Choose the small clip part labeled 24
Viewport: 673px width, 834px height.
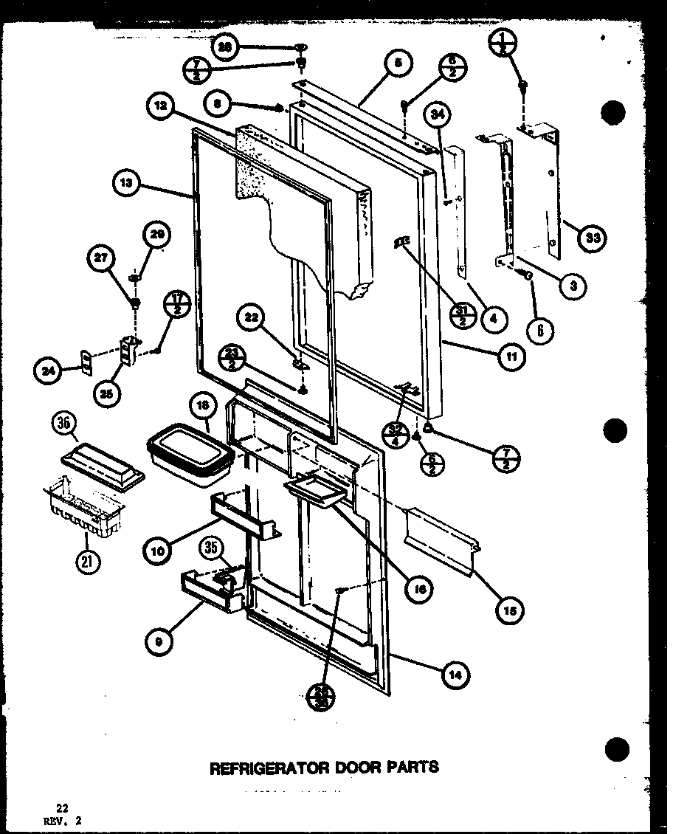pyautogui.click(x=86, y=362)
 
